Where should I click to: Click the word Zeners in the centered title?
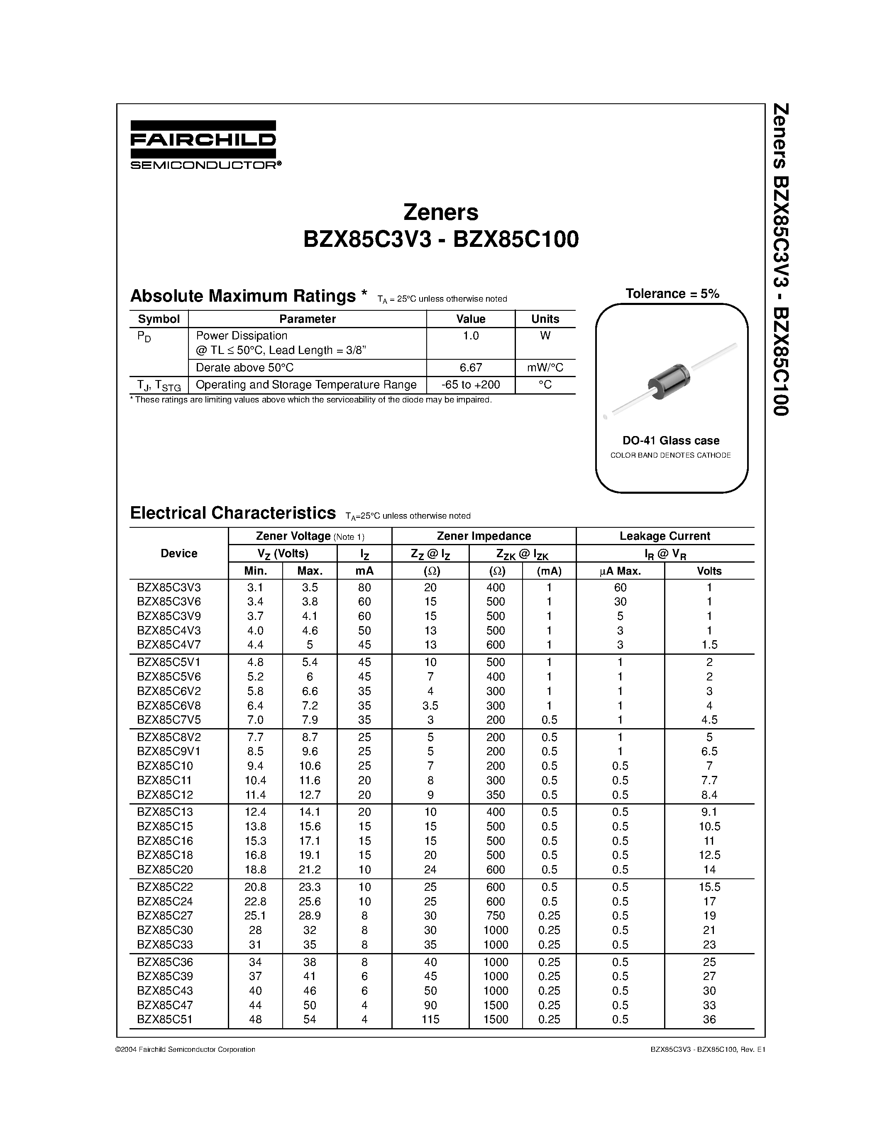440,212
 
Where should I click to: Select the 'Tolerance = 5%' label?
672,294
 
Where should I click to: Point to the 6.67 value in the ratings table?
471,367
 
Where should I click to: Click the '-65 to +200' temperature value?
471,385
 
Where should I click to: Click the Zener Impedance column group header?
484,536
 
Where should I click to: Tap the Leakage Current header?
665,536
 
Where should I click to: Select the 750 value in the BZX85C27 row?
495,915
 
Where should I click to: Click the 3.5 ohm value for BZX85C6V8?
430,705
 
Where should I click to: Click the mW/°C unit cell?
545,367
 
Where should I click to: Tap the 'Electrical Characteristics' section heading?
232,513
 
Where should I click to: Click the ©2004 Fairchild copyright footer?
186,1049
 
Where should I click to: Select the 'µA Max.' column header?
620,571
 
